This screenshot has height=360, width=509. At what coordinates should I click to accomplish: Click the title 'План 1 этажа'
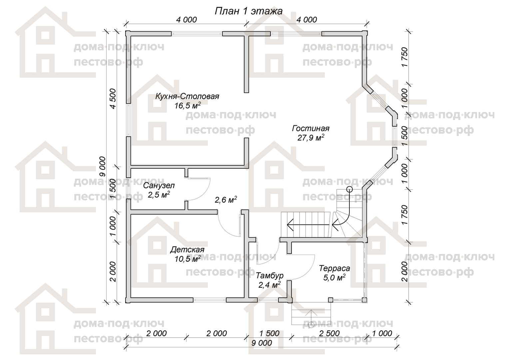[x=249, y=11]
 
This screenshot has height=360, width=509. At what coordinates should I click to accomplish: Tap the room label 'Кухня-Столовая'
[x=187, y=96]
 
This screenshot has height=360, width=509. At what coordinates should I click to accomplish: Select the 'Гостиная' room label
[x=310, y=128]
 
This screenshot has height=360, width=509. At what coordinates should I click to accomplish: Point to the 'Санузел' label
[x=159, y=186]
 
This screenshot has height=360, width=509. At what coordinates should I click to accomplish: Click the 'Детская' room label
[x=187, y=249]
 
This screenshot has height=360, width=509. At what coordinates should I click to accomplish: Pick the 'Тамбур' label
[x=270, y=275]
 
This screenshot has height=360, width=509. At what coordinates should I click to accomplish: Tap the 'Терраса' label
[x=334, y=268]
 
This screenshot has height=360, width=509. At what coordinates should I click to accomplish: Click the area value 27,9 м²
[x=310, y=138]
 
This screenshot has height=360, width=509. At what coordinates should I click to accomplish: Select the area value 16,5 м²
[x=188, y=106]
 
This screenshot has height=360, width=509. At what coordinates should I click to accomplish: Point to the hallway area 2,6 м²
[x=226, y=200]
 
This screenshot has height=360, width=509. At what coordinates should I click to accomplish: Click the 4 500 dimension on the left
[x=113, y=99]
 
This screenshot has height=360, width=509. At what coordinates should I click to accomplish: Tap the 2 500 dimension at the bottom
[x=329, y=333]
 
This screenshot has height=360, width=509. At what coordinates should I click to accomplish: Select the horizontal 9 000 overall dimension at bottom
[x=261, y=343]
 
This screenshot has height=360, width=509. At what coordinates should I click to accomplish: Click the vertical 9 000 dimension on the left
[x=103, y=166]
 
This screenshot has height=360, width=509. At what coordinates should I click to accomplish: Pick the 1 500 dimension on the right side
[x=405, y=136]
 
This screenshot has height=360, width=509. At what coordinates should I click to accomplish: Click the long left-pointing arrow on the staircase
[x=308, y=225]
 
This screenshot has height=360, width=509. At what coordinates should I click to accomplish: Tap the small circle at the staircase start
[x=349, y=189]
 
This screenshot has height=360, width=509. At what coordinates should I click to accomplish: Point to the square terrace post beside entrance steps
[x=331, y=300]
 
